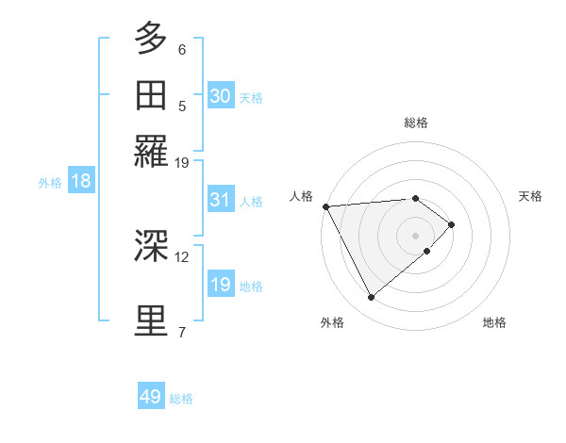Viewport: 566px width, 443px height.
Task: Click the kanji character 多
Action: point(151,39)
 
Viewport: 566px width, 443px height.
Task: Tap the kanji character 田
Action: point(151,95)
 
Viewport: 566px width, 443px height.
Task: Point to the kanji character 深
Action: point(151,246)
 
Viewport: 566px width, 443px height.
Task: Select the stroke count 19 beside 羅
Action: point(182,162)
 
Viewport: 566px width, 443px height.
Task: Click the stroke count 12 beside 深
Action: point(182,256)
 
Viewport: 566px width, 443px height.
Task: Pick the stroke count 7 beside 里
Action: point(182,332)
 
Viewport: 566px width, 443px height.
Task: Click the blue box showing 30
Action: point(221,96)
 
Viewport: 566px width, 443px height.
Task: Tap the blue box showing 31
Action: point(221,200)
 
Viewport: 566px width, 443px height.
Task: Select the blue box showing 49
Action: point(151,397)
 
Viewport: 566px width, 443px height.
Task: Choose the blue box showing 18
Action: point(81,181)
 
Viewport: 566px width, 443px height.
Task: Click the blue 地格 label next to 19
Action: point(251,286)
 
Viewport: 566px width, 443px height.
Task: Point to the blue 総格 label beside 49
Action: point(181,398)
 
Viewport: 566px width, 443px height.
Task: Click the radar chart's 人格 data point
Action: point(325,205)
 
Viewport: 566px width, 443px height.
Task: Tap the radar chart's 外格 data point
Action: point(372,298)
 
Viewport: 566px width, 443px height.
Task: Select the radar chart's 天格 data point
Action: point(452,224)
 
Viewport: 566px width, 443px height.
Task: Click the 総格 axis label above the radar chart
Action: point(416,123)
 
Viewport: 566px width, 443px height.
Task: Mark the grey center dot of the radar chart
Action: point(416,236)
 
